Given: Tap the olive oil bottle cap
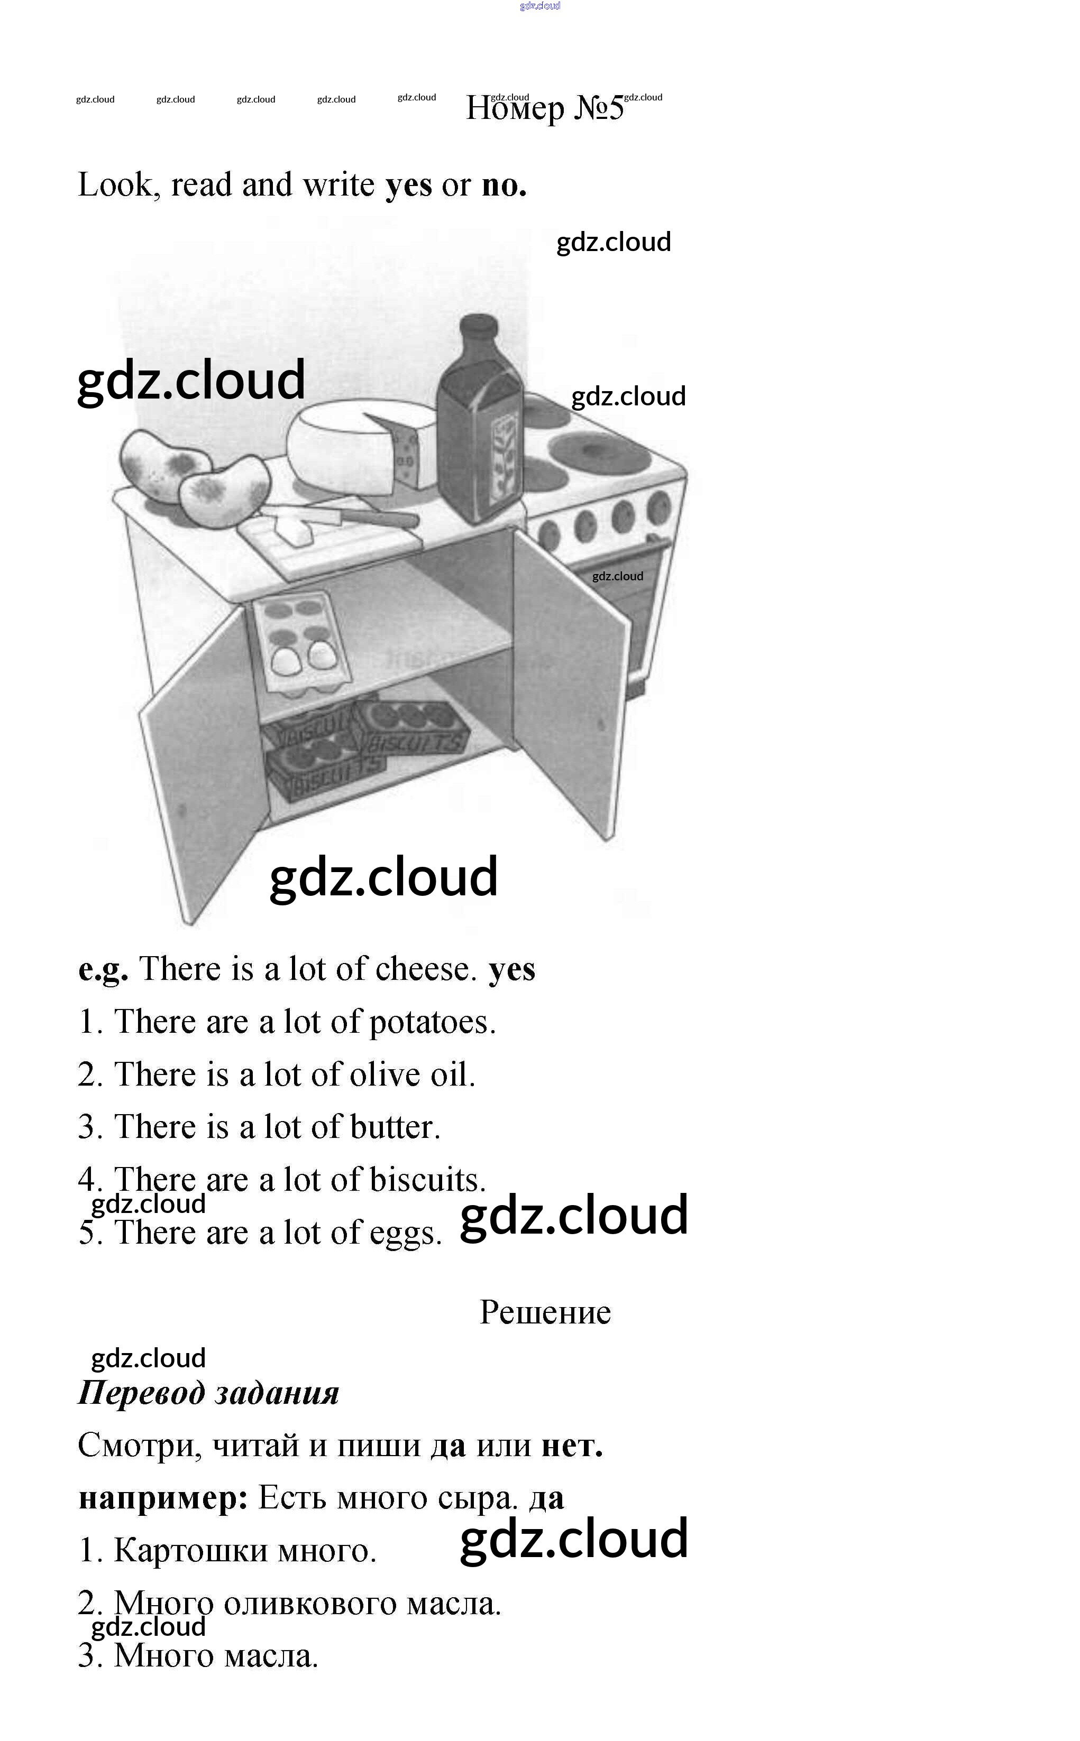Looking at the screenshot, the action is pyautogui.click(x=479, y=326).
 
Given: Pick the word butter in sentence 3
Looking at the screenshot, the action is pyautogui.click(x=395, y=1127).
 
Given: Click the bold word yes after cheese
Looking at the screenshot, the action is pyautogui.click(x=511, y=970).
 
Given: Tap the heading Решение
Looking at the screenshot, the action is pyautogui.click(x=545, y=1312).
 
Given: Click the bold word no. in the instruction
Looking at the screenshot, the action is pyautogui.click(x=504, y=185).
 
